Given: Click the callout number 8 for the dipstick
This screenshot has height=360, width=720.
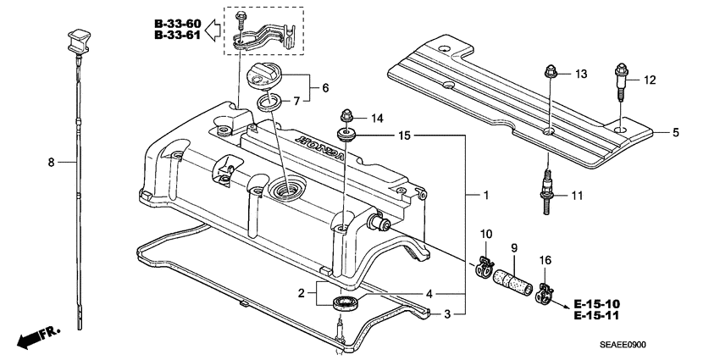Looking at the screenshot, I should [x=51, y=161].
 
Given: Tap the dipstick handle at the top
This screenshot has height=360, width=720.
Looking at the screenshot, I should [x=74, y=39].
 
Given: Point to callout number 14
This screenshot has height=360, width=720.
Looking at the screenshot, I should [x=377, y=118].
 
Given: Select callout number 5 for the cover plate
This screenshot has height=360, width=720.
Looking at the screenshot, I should [x=676, y=132].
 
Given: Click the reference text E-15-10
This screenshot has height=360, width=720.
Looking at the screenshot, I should [x=596, y=303].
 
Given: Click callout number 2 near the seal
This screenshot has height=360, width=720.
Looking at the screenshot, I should [x=301, y=294].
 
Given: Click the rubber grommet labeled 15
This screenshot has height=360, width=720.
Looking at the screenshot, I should [x=346, y=135].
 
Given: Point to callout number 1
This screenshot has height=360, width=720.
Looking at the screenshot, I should [x=486, y=195].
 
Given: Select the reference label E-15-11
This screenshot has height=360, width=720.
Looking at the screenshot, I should [x=596, y=315].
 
